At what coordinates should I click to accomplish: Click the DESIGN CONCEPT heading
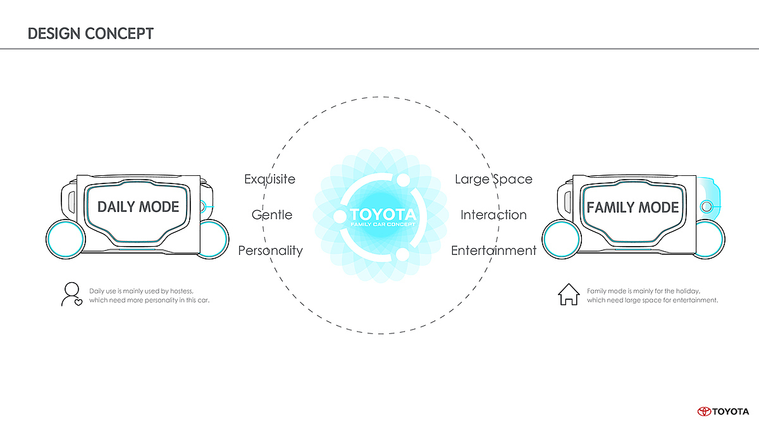[90, 33]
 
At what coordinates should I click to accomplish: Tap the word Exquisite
[269, 179]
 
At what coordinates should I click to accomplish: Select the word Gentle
[272, 214]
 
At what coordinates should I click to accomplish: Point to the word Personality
[270, 251]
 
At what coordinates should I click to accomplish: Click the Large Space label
[493, 179]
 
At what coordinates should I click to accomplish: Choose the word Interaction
[493, 214]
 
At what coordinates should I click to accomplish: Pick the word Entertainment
[493, 251]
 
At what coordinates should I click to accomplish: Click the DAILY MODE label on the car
[138, 207]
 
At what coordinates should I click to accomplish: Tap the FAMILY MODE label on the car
[632, 207]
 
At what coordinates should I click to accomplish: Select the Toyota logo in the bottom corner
[722, 411]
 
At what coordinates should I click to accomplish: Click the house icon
[569, 295]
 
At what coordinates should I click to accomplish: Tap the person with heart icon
[71, 295]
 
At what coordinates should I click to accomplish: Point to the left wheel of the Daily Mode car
[64, 238]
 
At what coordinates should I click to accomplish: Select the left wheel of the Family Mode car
[560, 238]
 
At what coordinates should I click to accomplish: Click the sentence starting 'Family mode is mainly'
[652, 295]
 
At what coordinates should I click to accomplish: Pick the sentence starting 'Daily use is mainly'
[149, 295]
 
